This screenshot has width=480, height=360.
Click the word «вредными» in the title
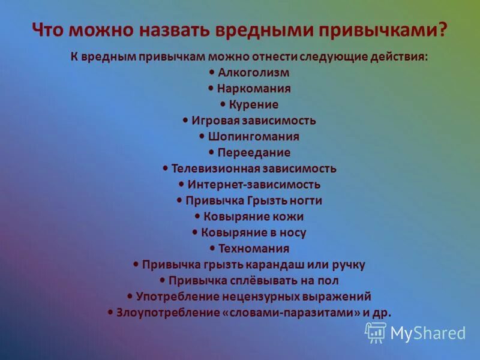(x=257, y=29)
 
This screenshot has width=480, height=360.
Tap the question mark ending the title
(x=443, y=29)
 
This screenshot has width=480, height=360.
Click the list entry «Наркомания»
(x=254, y=89)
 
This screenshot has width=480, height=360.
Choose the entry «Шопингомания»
(x=253, y=136)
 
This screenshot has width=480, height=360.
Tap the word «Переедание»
(x=254, y=152)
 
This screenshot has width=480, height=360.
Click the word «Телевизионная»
(x=215, y=169)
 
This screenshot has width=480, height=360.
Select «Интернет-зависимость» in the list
(x=254, y=185)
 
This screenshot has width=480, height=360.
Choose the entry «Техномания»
(x=254, y=248)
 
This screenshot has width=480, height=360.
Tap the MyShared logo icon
(x=376, y=332)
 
